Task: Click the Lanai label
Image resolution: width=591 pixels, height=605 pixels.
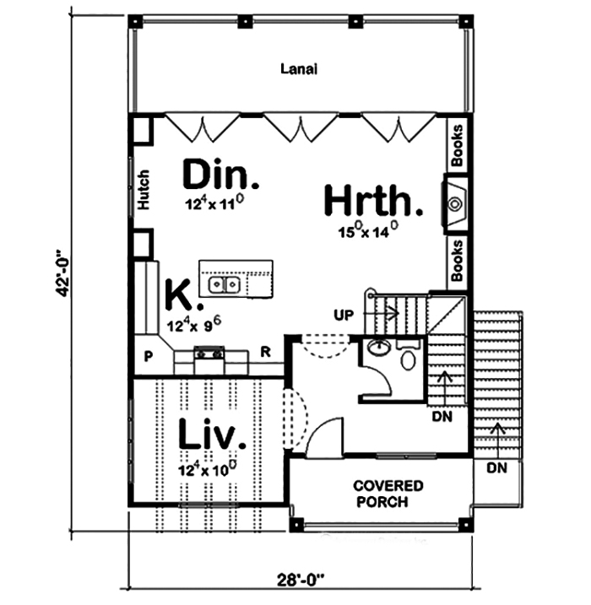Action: click(x=299, y=70)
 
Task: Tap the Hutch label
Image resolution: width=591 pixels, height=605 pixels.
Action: click(x=144, y=192)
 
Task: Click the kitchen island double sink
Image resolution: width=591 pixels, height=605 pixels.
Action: click(x=224, y=285)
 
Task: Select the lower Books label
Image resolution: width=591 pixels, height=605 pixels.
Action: click(x=457, y=260)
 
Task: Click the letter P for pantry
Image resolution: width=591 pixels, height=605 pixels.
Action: click(x=147, y=355)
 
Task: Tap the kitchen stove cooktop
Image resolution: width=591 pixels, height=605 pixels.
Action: click(x=209, y=354)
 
